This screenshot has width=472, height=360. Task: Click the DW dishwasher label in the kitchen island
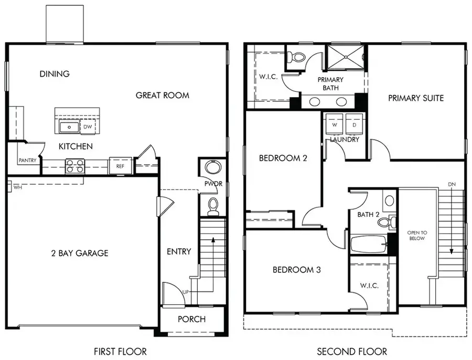coord(87,126)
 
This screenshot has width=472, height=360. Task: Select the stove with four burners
coord(74,166)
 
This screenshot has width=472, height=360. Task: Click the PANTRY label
coord(26,161)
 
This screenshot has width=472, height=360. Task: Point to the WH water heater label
coord(17,186)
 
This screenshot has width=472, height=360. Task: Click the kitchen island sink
coord(68,126)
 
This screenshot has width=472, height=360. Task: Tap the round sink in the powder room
coord(212,168)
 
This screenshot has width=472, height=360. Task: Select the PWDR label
coord(213,184)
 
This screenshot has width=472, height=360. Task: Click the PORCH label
coord(191,319)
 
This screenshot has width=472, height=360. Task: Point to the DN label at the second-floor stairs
coord(452,184)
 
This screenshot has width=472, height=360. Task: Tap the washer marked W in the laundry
coord(334,125)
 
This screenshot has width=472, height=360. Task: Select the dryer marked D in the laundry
coord(354,125)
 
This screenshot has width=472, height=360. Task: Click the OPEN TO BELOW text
coord(417,235)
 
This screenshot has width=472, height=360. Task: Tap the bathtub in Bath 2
coord(369,245)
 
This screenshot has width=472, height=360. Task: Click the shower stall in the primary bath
coord(346,58)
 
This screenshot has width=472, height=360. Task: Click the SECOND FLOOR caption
coord(352,351)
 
